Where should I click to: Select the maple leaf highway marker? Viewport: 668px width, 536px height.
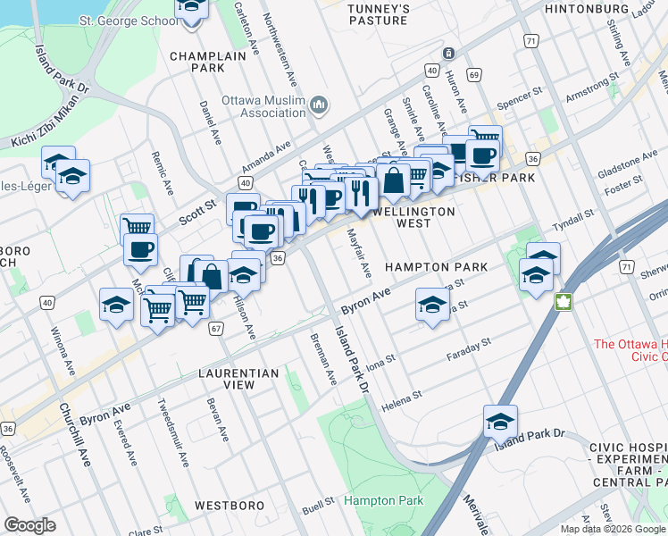pos(563,300)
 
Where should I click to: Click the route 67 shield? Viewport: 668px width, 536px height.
pos(215,329)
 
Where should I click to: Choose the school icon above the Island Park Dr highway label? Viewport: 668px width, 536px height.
pos(500,421)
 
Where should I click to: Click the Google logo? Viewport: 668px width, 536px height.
pos(30,524)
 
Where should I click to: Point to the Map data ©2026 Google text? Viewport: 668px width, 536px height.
pos(613,529)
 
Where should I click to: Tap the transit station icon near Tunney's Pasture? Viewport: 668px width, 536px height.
pos(449,54)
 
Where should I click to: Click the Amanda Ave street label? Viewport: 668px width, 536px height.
pos(266,157)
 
